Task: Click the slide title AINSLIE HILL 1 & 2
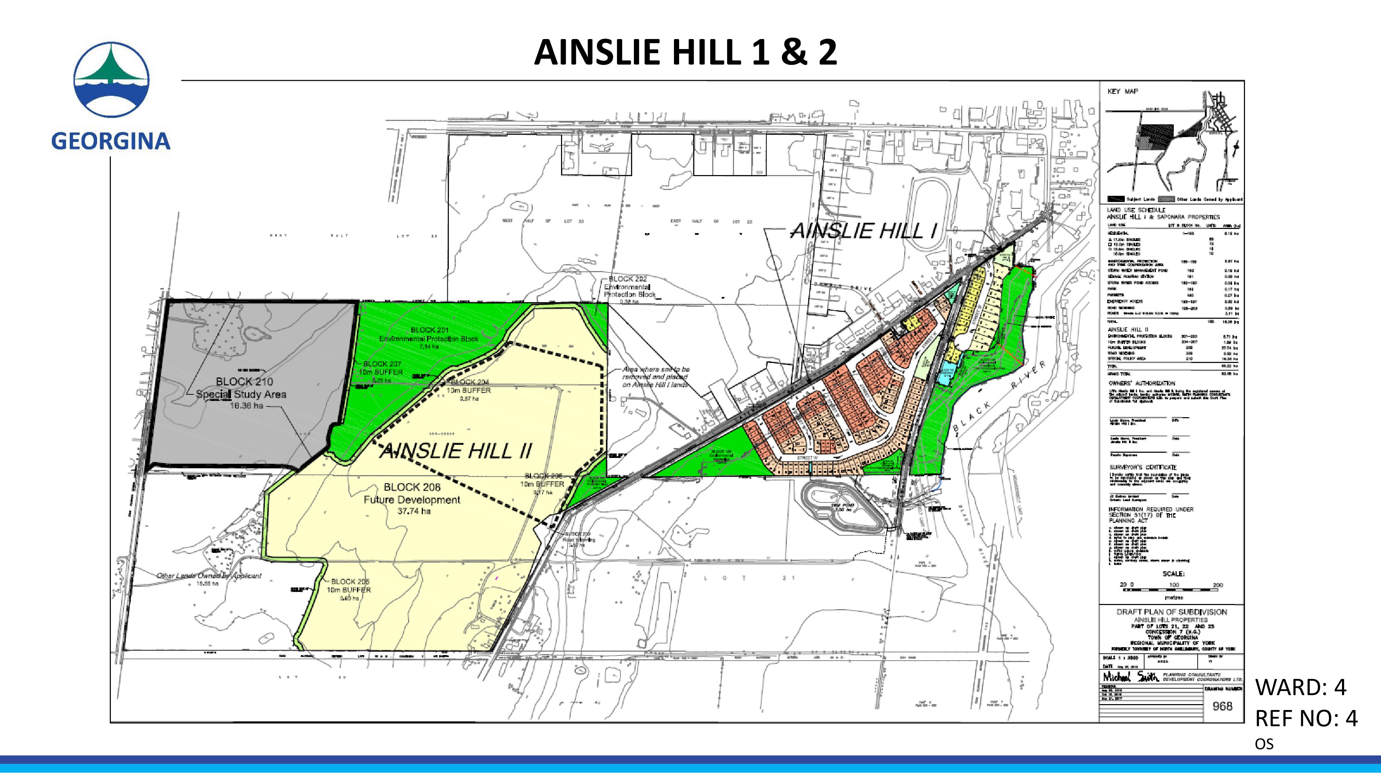click(x=685, y=52)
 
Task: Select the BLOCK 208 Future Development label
click(x=412, y=499)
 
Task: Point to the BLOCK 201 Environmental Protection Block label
click(x=428, y=338)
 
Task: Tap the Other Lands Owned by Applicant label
click(x=209, y=576)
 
